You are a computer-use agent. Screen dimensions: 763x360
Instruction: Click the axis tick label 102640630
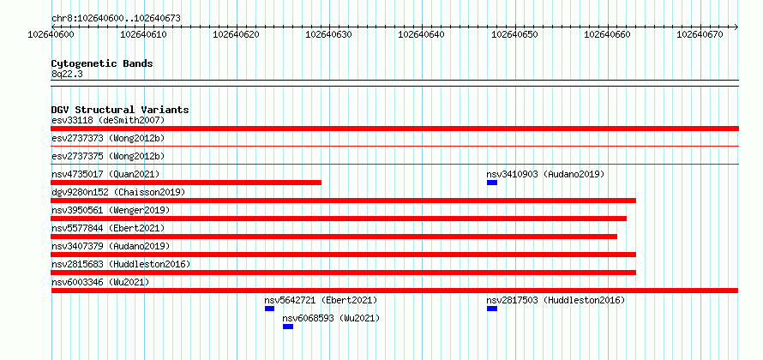coord(329,34)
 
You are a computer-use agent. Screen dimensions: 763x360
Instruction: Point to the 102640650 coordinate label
coord(515,34)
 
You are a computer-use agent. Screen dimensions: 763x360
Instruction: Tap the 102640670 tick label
coord(700,34)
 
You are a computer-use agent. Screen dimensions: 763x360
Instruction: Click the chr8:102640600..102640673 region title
coord(116,19)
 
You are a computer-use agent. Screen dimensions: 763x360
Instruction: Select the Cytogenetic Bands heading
coord(102,63)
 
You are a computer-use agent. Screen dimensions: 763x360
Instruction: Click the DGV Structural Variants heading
coord(120,110)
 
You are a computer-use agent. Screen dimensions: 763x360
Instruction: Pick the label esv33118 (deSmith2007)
coord(108,120)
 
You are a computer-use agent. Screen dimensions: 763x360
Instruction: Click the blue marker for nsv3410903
coord(492,183)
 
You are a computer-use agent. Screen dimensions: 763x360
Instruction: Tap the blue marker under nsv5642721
coord(269,309)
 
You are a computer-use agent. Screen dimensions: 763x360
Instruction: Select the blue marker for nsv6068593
coord(288,327)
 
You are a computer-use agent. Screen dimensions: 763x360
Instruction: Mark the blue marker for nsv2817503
coord(492,309)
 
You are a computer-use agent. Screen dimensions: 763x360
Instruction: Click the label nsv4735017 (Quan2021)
coord(105,174)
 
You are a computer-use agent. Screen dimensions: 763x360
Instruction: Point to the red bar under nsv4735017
coord(186,183)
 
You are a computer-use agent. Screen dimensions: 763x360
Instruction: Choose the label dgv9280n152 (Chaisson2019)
coord(118,192)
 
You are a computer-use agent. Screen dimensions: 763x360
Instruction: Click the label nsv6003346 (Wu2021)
coord(100,282)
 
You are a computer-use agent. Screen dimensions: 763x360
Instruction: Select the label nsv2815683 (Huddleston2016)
coord(121,264)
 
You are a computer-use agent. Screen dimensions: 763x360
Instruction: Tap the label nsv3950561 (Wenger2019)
coord(111,210)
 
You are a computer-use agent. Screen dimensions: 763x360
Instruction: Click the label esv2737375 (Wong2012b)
coord(108,156)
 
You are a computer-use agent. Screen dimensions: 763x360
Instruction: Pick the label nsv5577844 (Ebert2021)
coord(108,228)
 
